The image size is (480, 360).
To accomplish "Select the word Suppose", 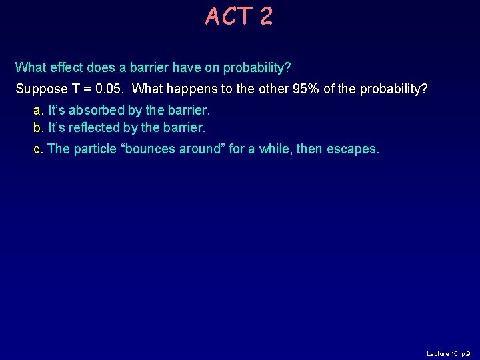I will (x=41, y=89).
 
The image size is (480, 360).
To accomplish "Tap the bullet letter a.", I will (x=37, y=111).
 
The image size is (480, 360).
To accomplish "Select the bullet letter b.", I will (x=37, y=127).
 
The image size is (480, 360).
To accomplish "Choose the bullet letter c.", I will (x=37, y=149).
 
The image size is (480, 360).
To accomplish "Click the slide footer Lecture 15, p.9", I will (x=449, y=353).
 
